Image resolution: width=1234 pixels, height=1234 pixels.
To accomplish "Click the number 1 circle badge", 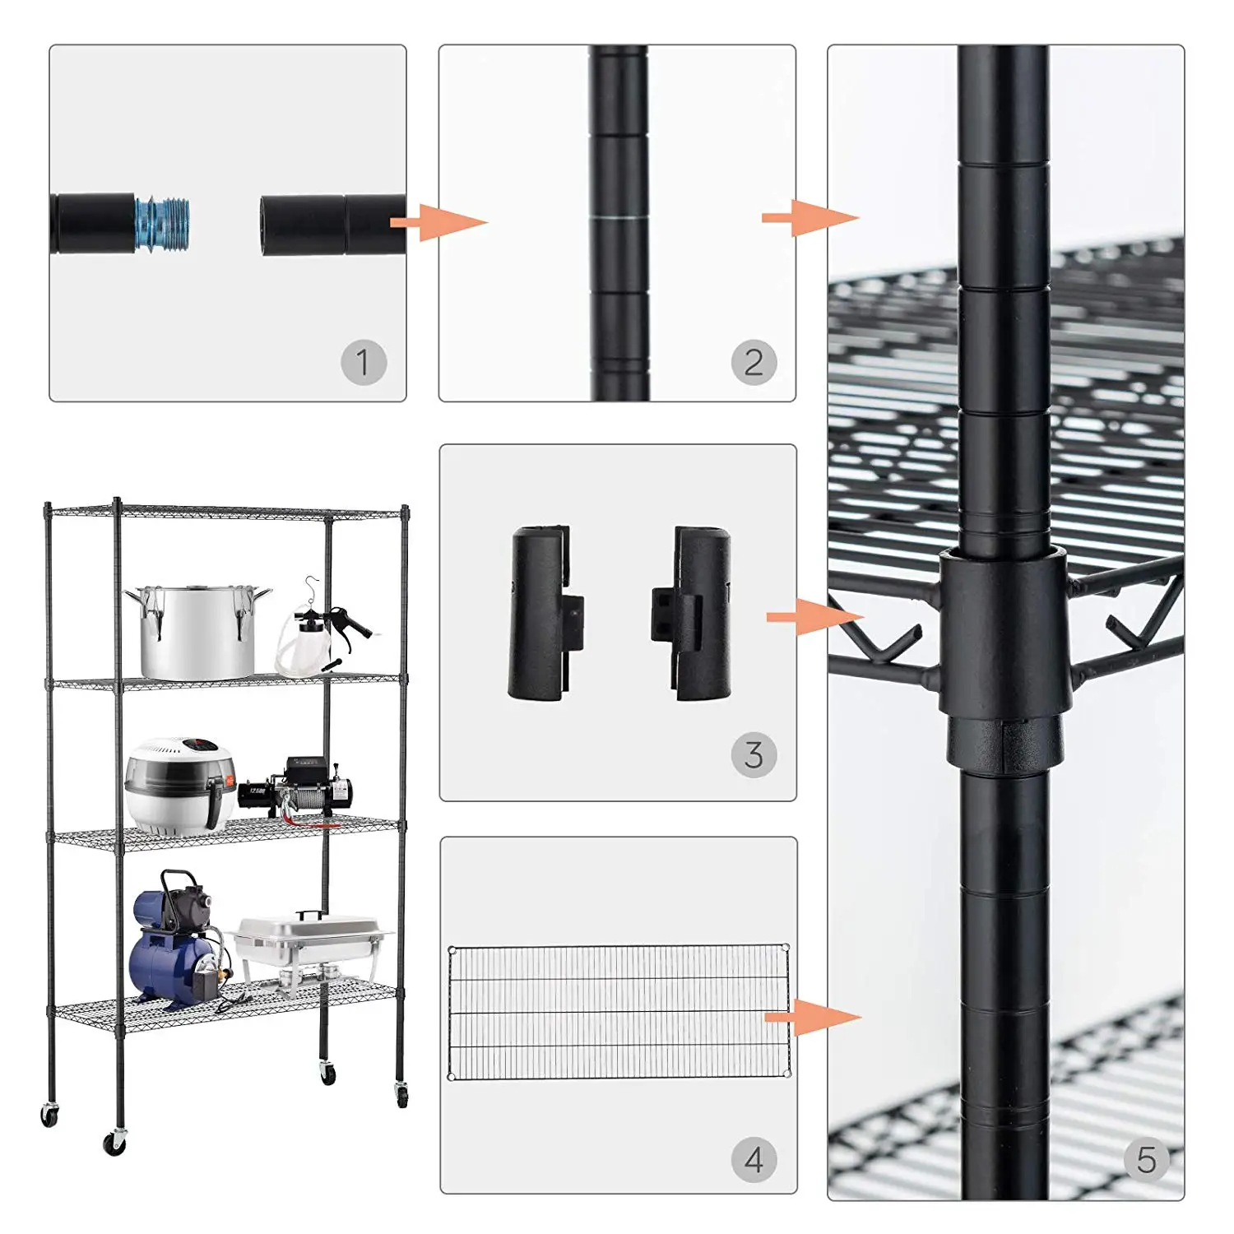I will (x=364, y=362).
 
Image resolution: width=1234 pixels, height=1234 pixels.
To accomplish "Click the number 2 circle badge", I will (x=754, y=362).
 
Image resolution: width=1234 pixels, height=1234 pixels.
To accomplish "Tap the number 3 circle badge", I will (x=754, y=754).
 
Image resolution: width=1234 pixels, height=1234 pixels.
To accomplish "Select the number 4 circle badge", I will (x=754, y=1160).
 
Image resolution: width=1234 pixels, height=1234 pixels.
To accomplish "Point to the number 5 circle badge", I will (x=1146, y=1160).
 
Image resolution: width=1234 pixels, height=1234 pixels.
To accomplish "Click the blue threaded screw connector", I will (x=162, y=223).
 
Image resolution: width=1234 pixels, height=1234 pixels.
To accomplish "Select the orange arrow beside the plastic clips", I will (x=814, y=616).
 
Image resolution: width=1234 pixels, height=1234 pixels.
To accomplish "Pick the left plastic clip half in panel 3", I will (x=543, y=614).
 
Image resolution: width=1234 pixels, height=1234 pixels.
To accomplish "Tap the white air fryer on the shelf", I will (x=178, y=786).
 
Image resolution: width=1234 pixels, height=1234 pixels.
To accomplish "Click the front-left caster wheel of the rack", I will (x=114, y=1142).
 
